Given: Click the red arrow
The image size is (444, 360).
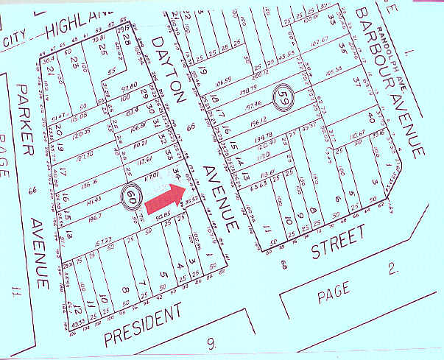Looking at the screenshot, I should pyautogui.click(x=166, y=194).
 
